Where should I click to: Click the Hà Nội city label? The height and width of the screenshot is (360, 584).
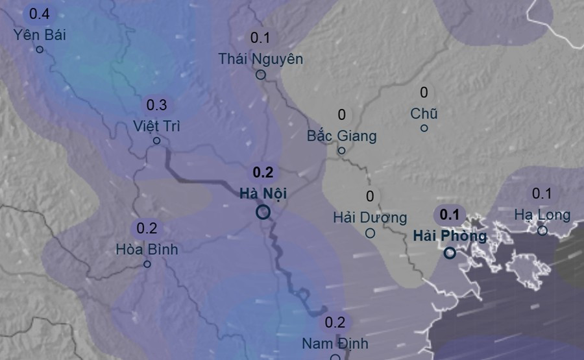(x=263, y=193)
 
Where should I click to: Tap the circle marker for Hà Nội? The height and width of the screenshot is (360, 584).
(x=263, y=212)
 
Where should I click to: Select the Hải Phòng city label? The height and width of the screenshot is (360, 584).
(x=450, y=235)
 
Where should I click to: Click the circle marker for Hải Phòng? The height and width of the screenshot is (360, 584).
(x=450, y=253)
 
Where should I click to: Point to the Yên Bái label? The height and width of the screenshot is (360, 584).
(x=40, y=34)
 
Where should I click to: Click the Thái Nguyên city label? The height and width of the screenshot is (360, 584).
(x=261, y=59)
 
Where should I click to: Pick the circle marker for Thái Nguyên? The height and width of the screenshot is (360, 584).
(x=261, y=75)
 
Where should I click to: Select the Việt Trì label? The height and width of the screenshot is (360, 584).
(x=156, y=125)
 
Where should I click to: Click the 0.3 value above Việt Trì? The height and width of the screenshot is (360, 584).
(x=156, y=105)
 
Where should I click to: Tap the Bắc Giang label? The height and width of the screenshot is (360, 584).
(x=342, y=136)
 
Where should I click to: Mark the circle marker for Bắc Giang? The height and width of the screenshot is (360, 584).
(x=342, y=151)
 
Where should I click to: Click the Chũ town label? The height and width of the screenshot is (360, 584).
(x=424, y=114)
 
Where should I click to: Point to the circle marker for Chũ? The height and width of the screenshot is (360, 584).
(x=424, y=128)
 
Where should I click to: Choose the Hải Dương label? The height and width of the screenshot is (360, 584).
(x=370, y=217)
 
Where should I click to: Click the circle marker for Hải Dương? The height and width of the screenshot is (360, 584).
(x=370, y=233)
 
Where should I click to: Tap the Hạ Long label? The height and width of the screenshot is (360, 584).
(x=542, y=215)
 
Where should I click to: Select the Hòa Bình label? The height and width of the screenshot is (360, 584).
(x=147, y=248)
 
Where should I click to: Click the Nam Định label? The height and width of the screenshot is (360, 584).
(x=335, y=343)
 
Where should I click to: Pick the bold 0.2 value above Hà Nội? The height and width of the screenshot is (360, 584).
(x=263, y=173)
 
